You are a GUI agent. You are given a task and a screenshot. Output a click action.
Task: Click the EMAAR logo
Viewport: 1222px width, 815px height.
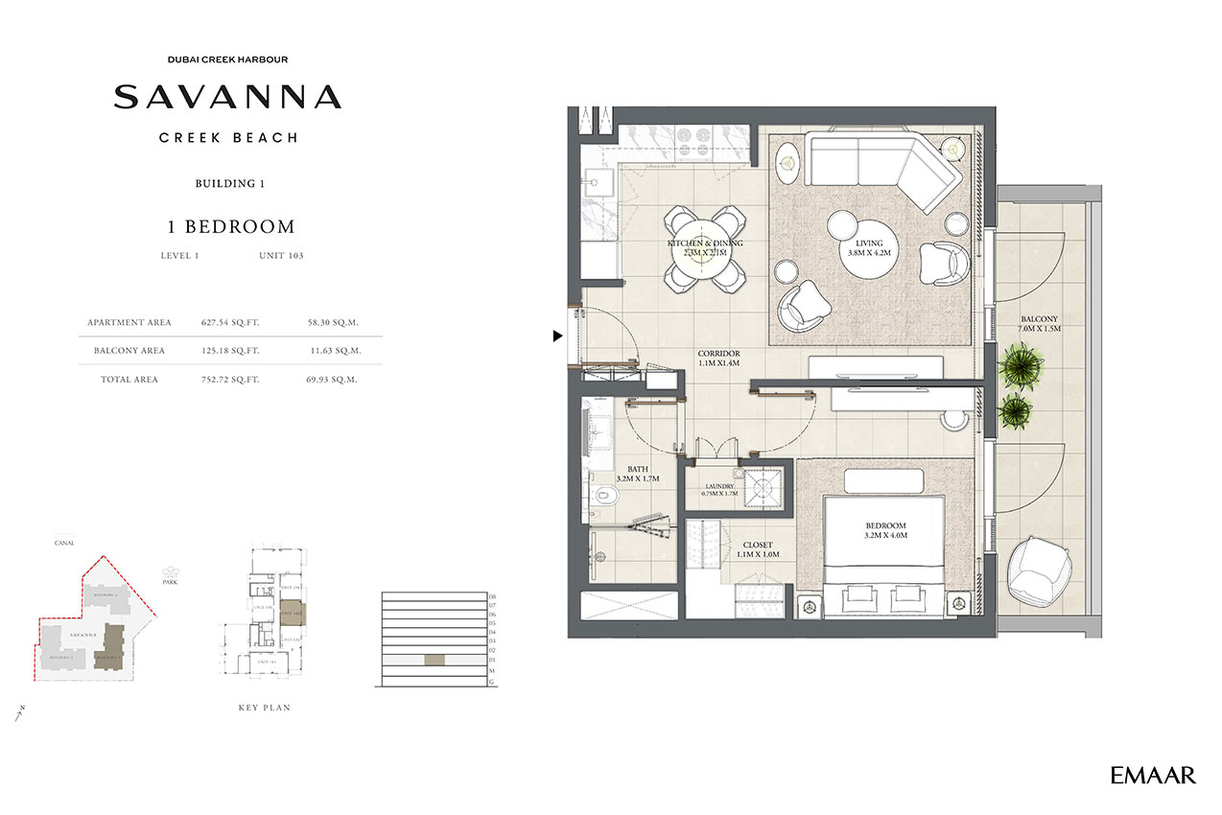coord(1153,775)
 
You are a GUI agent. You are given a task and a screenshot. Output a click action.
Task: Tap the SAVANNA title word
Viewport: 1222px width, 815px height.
coord(227,97)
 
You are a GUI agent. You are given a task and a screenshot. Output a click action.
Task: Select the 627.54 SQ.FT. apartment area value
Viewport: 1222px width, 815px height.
coord(231,322)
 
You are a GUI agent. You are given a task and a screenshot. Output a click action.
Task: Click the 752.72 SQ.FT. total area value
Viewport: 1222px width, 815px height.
coord(231,380)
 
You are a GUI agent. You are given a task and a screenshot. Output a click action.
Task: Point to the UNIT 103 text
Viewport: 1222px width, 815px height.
coord(281,256)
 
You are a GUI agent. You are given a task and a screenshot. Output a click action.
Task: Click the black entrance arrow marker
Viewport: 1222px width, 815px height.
coord(557,336)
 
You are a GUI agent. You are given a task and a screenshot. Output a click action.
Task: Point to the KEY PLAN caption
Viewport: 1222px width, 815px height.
coord(264,708)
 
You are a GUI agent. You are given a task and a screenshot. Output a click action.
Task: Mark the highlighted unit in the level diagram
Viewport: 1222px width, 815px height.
coord(435,661)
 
